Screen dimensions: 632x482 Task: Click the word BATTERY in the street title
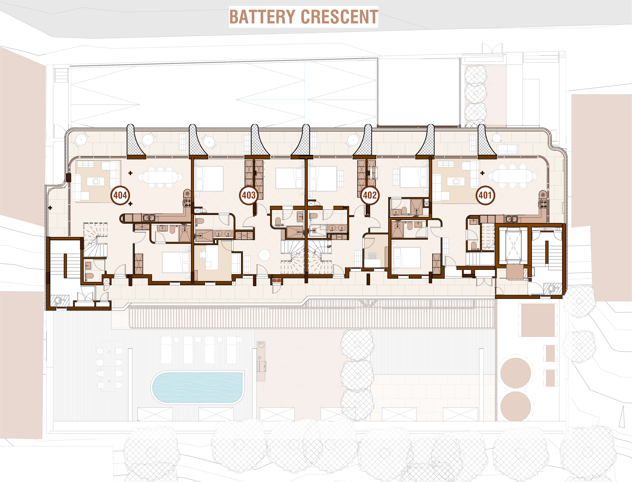coord(262,17)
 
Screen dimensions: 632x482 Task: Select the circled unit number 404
coord(120,195)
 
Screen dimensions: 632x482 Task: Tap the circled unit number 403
coord(248,195)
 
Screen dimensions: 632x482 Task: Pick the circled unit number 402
coord(370,195)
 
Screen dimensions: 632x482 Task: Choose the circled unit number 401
coord(485,195)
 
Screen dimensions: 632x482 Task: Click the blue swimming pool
coord(197,387)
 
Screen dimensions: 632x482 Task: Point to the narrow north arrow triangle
coord(622,417)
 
